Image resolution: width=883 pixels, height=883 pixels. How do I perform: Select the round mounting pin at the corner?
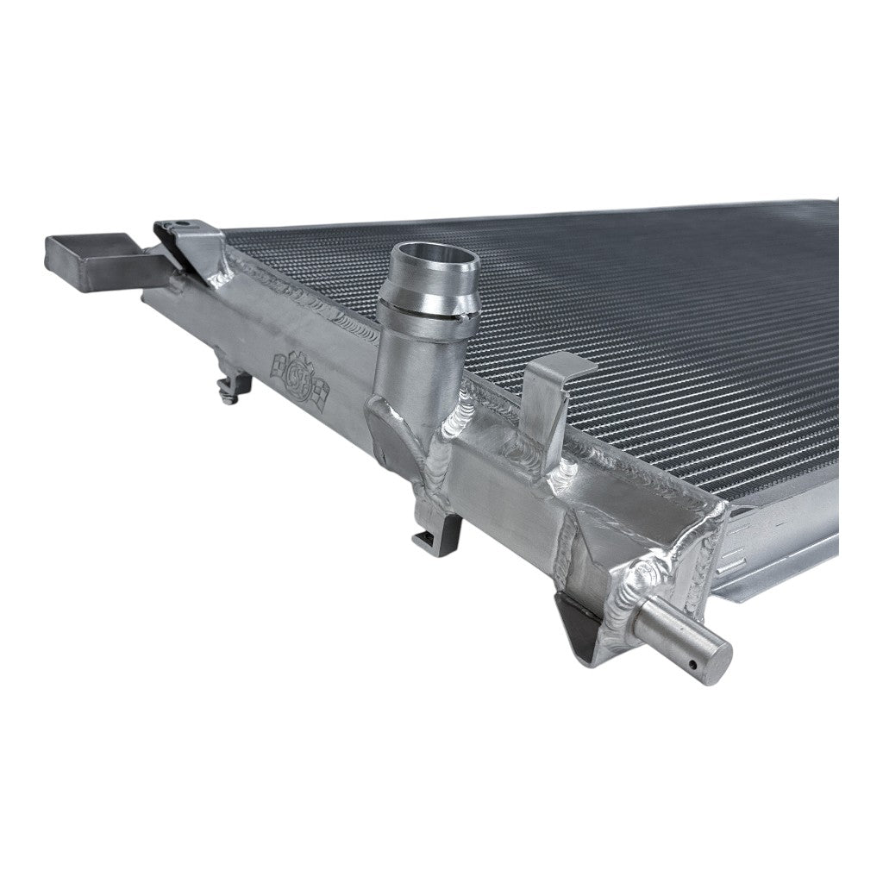(690, 642)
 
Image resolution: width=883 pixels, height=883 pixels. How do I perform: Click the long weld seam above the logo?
(302, 297)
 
